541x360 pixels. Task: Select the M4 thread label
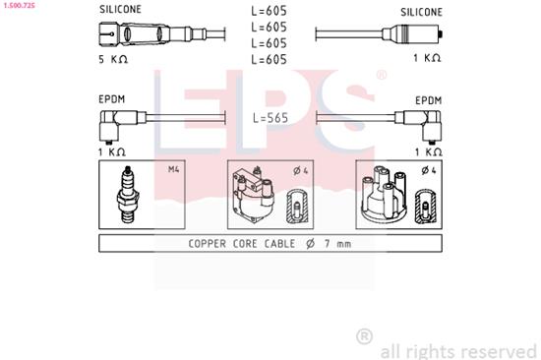pyautogui.click(x=174, y=169)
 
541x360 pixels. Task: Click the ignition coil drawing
pyautogui.click(x=252, y=194)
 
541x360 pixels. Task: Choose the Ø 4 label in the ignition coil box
pyautogui.click(x=300, y=169)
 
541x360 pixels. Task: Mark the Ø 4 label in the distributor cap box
pyautogui.click(x=428, y=169)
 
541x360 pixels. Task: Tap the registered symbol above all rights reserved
pyautogui.click(x=364, y=336)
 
